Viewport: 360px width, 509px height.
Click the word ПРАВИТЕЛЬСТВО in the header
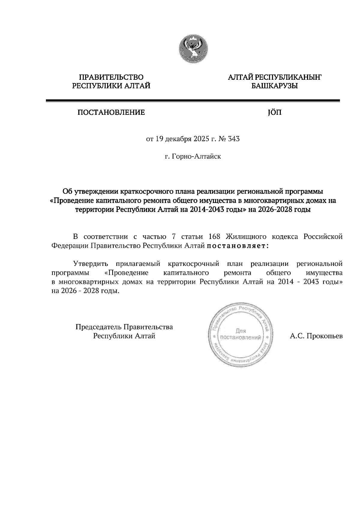pyautogui.click(x=111, y=78)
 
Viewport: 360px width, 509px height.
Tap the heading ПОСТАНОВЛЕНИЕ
pyautogui.click(x=111, y=113)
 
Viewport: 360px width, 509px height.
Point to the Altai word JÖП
pyautogui.click(x=274, y=113)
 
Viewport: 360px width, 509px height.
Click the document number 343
pyautogui.click(x=234, y=139)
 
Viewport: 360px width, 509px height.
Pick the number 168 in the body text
pyautogui.click(x=214, y=237)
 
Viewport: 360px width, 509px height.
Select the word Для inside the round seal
pyautogui.click(x=241, y=331)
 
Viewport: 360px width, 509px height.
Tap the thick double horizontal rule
pyautogui.click(x=193, y=101)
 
